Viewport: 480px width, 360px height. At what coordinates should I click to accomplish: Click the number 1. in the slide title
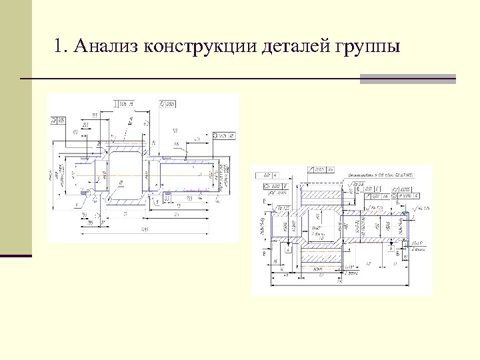[x=62, y=47]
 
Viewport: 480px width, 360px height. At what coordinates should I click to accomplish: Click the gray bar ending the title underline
[x=407, y=79]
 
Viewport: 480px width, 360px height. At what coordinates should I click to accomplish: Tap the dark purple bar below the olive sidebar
[x=16, y=255]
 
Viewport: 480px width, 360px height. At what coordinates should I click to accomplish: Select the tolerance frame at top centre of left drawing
[x=125, y=103]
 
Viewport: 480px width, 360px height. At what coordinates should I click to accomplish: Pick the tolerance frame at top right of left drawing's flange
[x=167, y=104]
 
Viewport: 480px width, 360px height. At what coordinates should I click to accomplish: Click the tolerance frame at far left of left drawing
[x=58, y=121]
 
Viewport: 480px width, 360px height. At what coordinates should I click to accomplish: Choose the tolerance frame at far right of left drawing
[x=224, y=136]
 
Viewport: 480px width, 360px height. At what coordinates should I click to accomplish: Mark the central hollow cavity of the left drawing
[x=125, y=174]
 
